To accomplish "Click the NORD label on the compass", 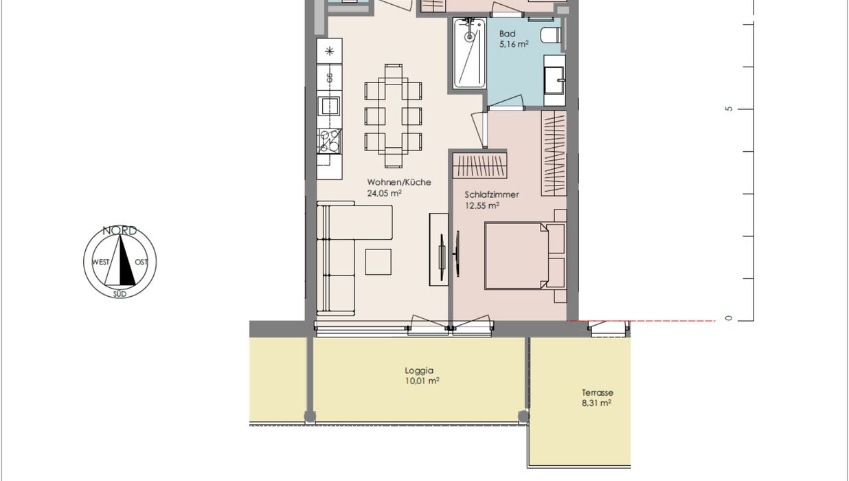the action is [x=120, y=230].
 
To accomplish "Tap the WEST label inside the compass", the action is [x=101, y=262].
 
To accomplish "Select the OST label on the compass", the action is [x=141, y=262].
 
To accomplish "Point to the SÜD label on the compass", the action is [x=120, y=294].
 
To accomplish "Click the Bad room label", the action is [x=507, y=34].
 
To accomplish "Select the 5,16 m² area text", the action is [x=514, y=44].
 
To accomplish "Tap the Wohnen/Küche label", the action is [x=399, y=182].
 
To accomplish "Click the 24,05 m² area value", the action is [x=385, y=193].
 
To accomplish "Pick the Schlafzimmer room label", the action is [x=492, y=195].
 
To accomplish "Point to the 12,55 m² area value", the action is [x=482, y=206].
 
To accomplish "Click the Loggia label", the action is [x=419, y=370].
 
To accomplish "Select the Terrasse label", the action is [x=598, y=392].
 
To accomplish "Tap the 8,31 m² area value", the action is [x=596, y=403].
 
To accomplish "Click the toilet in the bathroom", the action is [x=551, y=36].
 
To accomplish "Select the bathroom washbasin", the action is [x=554, y=80].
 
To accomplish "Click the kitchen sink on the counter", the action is [x=330, y=106].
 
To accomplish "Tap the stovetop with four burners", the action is [x=330, y=141].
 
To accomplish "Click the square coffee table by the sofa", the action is [x=378, y=262].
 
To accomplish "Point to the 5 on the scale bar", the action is [x=729, y=109].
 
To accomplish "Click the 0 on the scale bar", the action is [x=729, y=318].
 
